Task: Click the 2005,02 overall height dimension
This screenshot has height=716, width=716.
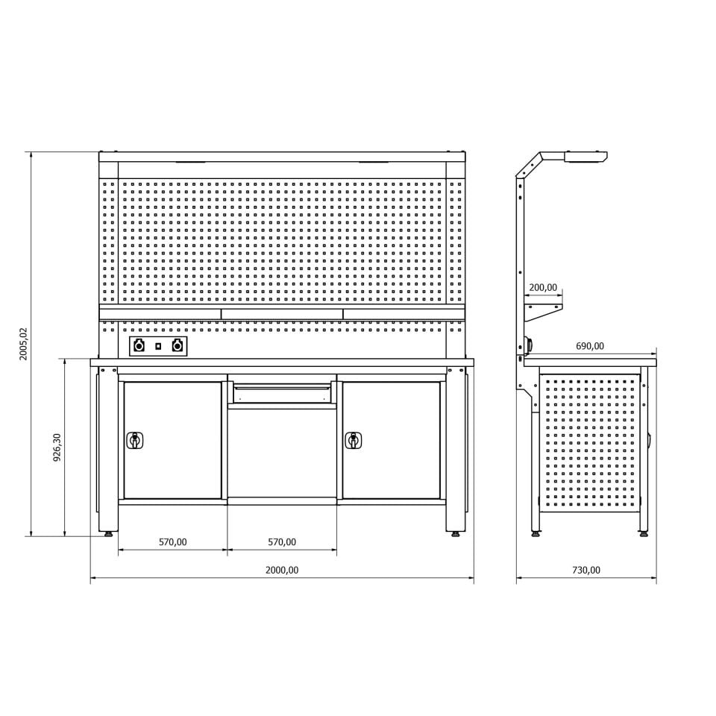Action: click(x=24, y=344)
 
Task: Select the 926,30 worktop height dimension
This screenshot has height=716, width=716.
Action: click(x=57, y=447)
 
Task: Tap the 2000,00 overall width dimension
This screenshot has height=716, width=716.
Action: click(x=282, y=570)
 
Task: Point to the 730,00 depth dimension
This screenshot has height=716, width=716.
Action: click(x=586, y=570)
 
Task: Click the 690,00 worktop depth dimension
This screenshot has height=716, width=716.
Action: click(x=590, y=346)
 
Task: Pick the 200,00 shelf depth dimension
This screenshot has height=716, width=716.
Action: click(x=543, y=287)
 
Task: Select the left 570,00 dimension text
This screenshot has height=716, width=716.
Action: click(x=172, y=542)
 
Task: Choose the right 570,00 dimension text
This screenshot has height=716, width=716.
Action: click(x=282, y=542)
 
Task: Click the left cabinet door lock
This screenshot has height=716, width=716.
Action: click(x=135, y=440)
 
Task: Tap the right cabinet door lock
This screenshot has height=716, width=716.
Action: click(x=354, y=440)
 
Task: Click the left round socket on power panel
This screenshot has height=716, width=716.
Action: click(x=139, y=346)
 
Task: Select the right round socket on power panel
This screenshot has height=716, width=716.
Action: click(x=177, y=346)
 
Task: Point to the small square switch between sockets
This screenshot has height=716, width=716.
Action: click(x=158, y=346)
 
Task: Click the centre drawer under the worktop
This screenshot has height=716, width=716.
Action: click(x=282, y=391)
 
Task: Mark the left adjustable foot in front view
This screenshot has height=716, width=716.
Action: click(x=110, y=533)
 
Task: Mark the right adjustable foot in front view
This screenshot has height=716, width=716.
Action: click(x=455, y=533)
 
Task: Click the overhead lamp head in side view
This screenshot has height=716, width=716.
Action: click(x=585, y=157)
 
